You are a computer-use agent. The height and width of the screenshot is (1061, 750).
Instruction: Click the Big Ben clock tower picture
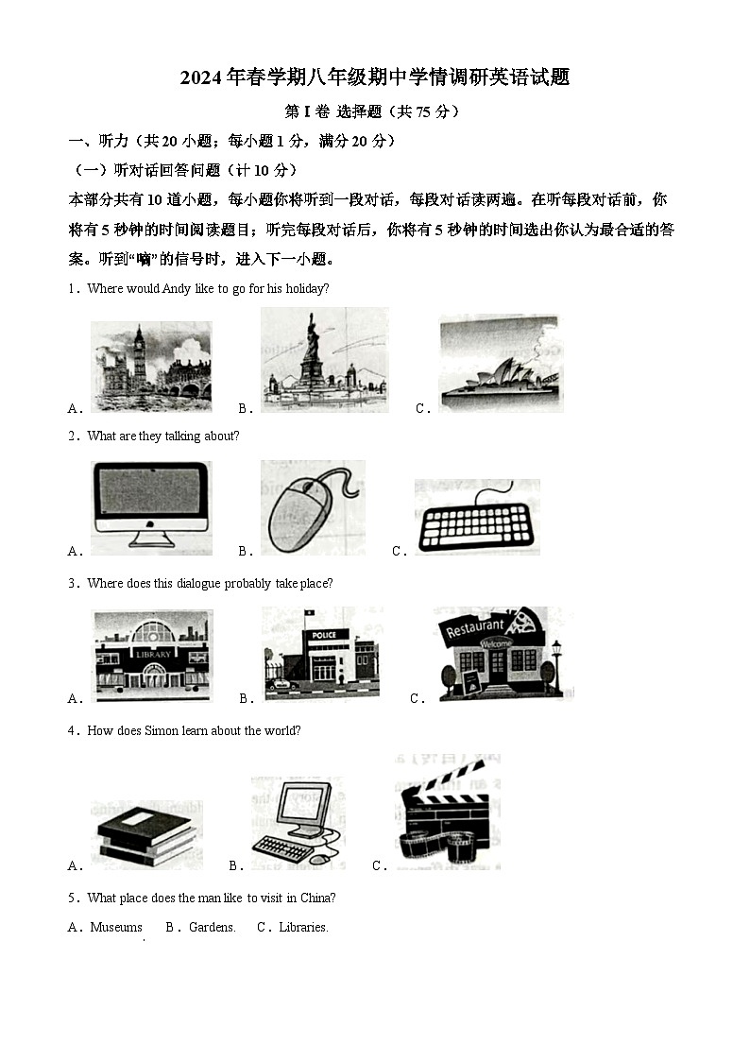click(x=151, y=366)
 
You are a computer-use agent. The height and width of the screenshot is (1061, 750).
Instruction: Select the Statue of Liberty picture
click(x=323, y=361)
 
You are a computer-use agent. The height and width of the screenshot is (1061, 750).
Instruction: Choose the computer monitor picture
click(x=151, y=505)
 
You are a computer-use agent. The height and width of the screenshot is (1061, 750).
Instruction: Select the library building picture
click(x=151, y=654)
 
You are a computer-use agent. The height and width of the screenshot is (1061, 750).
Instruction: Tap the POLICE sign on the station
click(x=323, y=634)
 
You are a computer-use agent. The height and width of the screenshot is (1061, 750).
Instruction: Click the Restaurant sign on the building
click(x=475, y=628)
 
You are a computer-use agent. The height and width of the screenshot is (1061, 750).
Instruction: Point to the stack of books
click(x=147, y=833)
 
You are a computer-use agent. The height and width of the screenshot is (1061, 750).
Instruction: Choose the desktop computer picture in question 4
click(x=297, y=820)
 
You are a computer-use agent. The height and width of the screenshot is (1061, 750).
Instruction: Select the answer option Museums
click(x=116, y=928)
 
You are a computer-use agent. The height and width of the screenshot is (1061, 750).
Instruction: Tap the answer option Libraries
click(x=303, y=928)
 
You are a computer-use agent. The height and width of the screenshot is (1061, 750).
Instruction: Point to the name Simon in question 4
click(x=167, y=731)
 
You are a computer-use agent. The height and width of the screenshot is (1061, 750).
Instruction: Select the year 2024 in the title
click(x=200, y=78)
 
